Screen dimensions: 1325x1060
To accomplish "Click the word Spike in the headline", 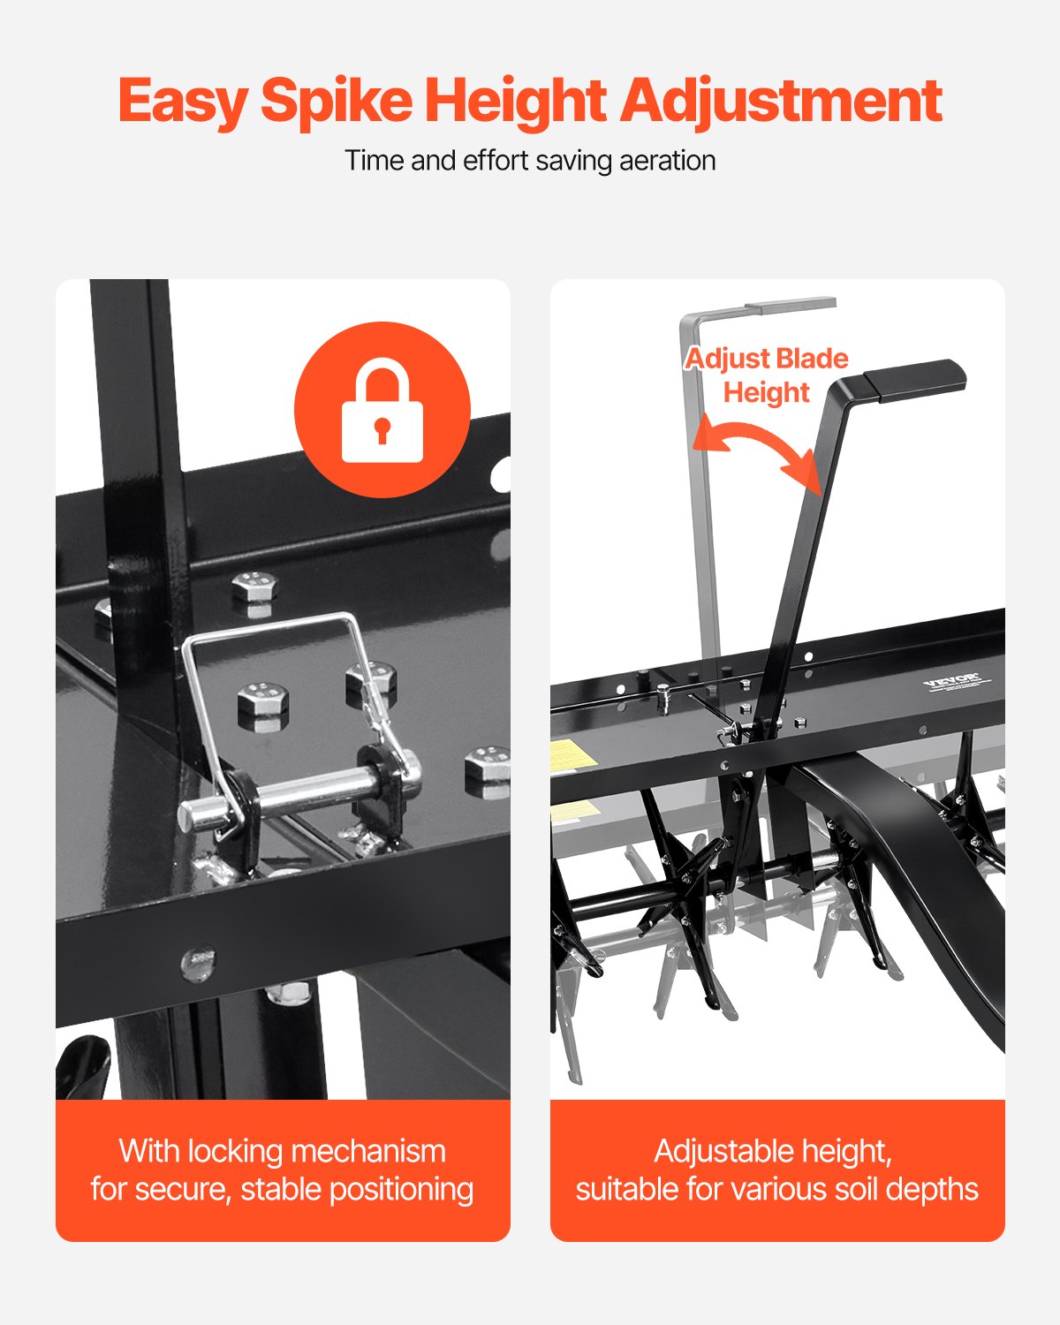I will tap(337, 102).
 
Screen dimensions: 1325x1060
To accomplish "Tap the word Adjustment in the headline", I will tap(781, 102).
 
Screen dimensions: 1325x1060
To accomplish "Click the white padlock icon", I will tap(382, 411).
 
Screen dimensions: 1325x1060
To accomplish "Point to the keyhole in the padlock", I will tap(382, 430).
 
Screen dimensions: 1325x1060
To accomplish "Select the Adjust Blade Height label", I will tap(766, 375).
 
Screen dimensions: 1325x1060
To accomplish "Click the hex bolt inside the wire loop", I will tap(262, 704).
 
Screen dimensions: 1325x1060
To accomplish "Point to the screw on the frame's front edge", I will tap(198, 963).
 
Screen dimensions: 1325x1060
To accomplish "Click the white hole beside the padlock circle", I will tap(501, 475).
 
